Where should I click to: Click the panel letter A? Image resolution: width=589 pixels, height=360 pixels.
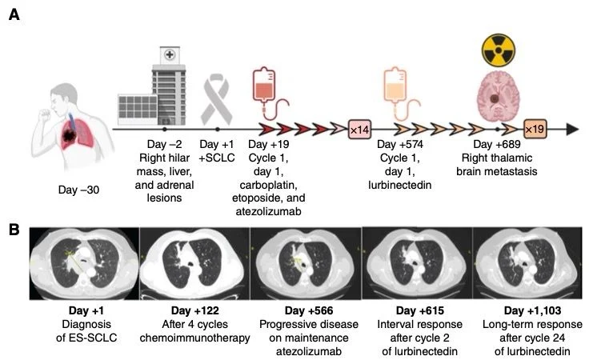pyautogui.click(x=14, y=15)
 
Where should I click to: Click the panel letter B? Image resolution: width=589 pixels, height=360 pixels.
pyautogui.click(x=14, y=229)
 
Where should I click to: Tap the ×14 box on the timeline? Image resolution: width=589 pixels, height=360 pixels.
pyautogui.click(x=359, y=128)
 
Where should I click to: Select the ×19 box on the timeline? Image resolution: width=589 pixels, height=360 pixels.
pyautogui.click(x=535, y=128)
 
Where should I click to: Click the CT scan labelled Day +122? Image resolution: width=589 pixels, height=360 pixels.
pyautogui.click(x=194, y=262)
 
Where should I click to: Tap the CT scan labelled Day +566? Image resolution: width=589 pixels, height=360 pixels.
pyautogui.click(x=305, y=262)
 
